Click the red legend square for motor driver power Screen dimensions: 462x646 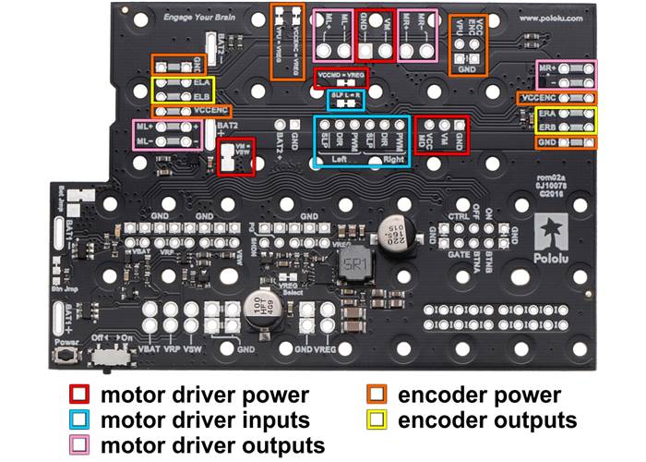tap(78, 395)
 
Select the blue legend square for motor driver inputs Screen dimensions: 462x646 tap(78, 420)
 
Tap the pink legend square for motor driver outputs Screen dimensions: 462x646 tap(78, 444)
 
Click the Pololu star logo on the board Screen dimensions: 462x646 tap(550, 230)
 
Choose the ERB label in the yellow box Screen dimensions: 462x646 tap(547, 127)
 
